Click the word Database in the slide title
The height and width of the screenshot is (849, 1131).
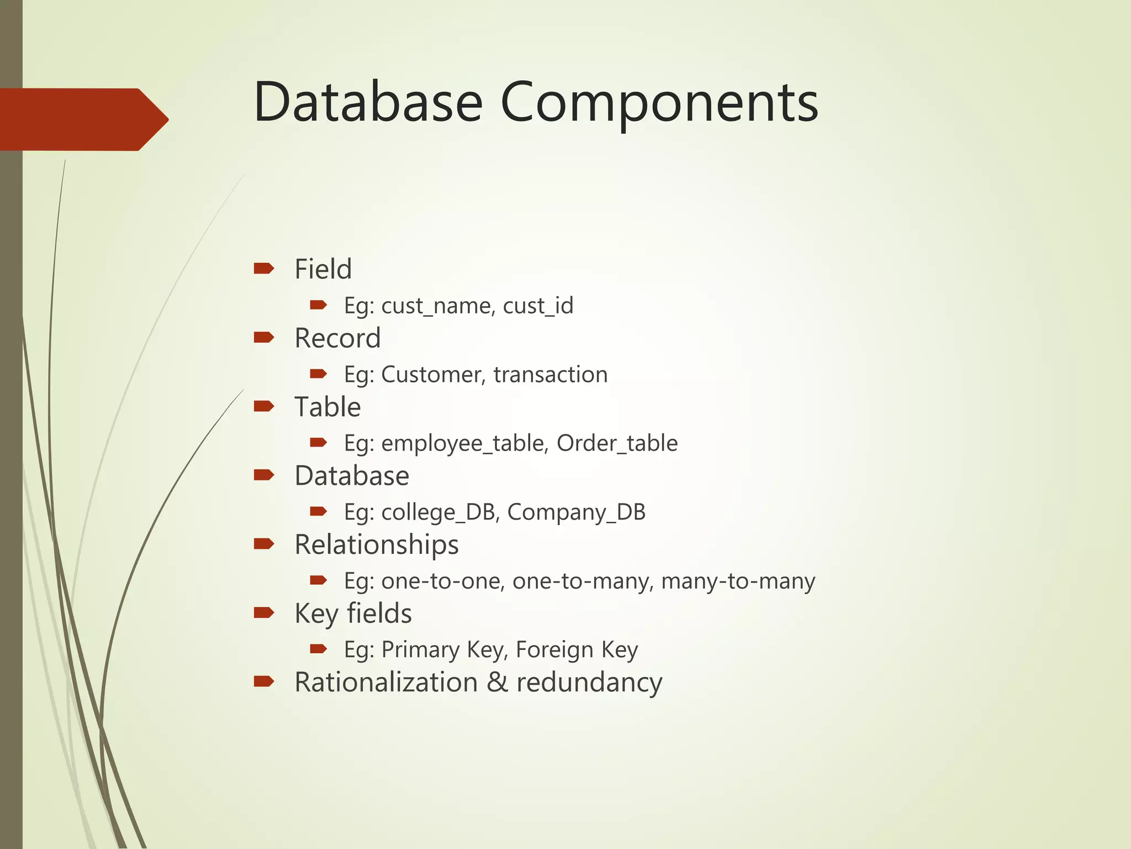pyautogui.click(x=368, y=102)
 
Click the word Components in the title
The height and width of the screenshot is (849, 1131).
pyautogui.click(x=659, y=103)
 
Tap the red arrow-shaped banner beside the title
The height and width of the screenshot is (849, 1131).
pyautogui.click(x=83, y=119)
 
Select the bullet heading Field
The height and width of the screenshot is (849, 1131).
pyautogui.click(x=323, y=269)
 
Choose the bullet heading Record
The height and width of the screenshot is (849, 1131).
pyautogui.click(x=337, y=338)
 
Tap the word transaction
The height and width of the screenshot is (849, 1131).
pyautogui.click(x=550, y=375)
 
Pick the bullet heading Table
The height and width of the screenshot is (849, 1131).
pyautogui.click(x=327, y=407)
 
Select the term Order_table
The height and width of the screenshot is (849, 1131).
pyautogui.click(x=617, y=443)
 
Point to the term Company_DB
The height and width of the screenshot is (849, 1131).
pyautogui.click(x=576, y=512)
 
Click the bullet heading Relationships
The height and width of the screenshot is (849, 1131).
pyautogui.click(x=377, y=545)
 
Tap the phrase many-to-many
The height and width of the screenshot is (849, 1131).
pyautogui.click(x=738, y=581)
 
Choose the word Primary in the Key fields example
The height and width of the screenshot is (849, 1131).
pyautogui.click(x=420, y=650)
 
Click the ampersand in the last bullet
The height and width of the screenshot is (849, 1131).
pyautogui.click(x=497, y=683)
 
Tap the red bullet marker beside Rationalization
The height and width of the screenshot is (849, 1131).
pyautogui.click(x=264, y=682)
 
